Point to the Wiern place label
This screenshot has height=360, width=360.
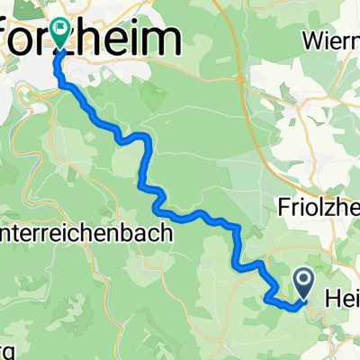330,40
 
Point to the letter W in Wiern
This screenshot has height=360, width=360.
312,40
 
